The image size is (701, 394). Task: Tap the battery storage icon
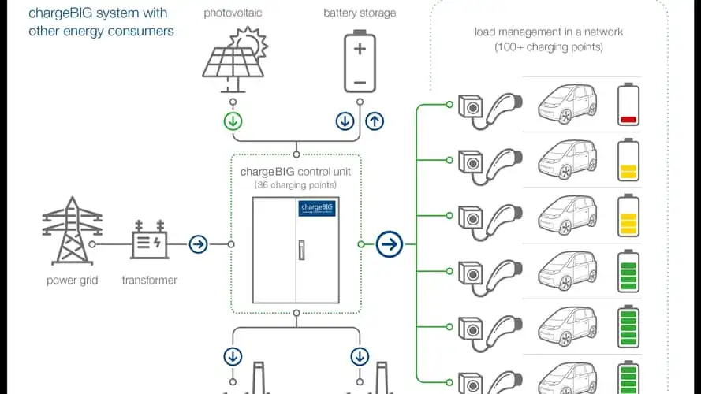(x=360, y=60)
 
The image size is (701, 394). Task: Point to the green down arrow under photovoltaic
(x=233, y=121)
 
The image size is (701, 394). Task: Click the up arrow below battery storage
(x=375, y=121)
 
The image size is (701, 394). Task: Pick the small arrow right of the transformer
(x=198, y=244)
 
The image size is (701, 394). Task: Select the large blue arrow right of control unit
(x=388, y=244)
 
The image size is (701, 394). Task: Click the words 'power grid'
(x=72, y=280)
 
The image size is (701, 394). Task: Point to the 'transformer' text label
(x=149, y=280)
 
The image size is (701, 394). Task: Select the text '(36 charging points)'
(x=296, y=184)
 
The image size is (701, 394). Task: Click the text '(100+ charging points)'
(x=548, y=47)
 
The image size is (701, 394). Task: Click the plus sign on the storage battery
(x=360, y=49)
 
